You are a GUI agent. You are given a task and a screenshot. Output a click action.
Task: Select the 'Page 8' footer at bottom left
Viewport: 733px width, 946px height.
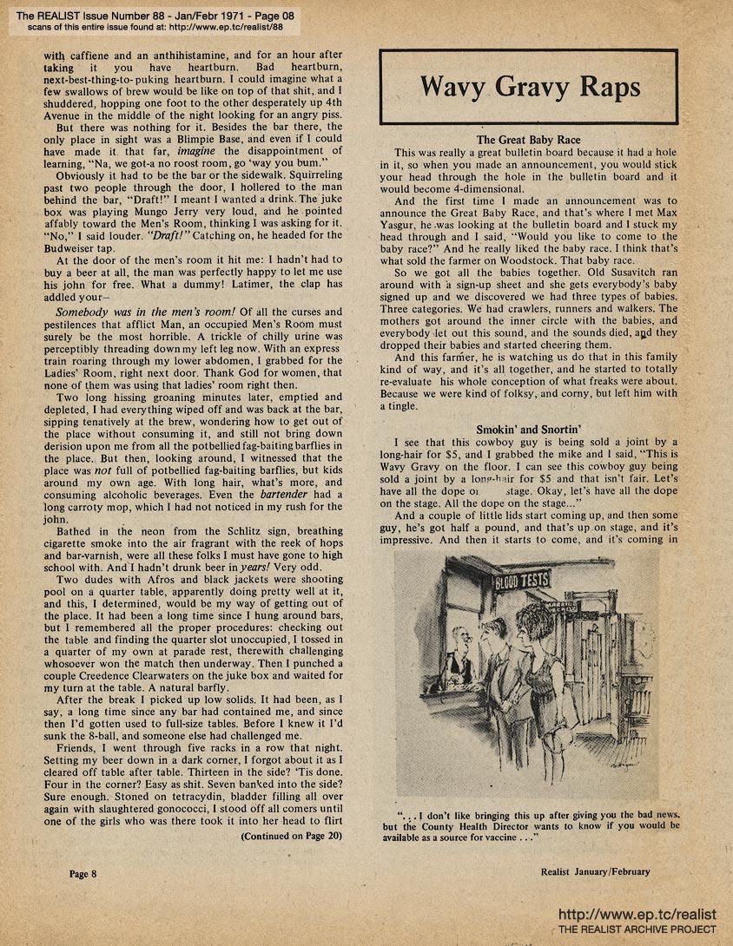point(83,873)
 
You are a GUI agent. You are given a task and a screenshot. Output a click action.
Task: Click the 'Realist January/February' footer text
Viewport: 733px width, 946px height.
point(595,872)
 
